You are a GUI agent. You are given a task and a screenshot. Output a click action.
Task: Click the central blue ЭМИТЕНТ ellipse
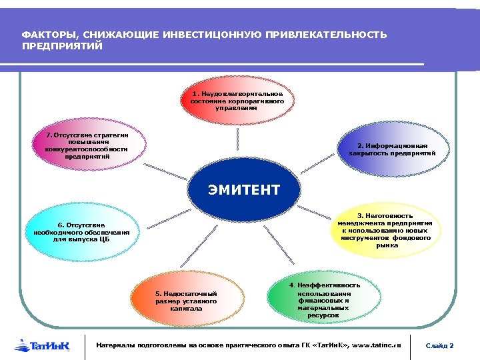(243, 190)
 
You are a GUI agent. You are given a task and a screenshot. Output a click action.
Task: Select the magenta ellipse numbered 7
(87, 148)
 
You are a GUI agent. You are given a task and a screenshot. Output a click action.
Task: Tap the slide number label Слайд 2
(440, 345)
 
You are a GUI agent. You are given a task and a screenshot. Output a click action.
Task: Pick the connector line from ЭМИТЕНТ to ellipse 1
(241, 143)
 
